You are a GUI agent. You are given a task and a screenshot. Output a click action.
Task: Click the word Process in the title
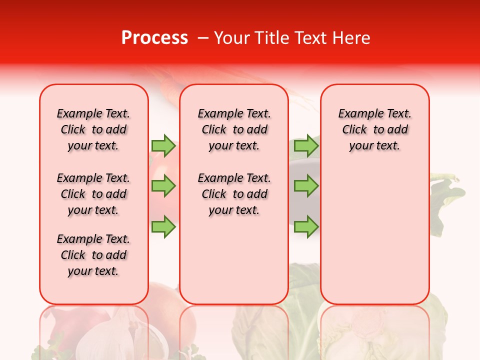[x=154, y=38]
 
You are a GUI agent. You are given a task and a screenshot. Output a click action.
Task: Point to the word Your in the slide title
[x=232, y=38]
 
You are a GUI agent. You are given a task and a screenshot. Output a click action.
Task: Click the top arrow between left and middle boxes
[x=163, y=145]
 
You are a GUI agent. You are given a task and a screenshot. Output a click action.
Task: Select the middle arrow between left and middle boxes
[x=163, y=186]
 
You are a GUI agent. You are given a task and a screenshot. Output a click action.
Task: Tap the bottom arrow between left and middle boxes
[x=163, y=226]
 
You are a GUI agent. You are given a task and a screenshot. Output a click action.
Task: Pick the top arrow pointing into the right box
[x=306, y=145]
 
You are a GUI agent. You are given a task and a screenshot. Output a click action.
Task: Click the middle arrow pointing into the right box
[x=306, y=186]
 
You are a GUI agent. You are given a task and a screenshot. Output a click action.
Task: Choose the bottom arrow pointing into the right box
[x=306, y=226]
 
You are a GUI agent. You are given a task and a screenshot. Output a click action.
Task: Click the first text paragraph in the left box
[x=93, y=129]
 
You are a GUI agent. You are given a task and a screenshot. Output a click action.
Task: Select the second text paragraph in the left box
[x=93, y=194]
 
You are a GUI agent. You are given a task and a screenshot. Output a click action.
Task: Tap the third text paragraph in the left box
[x=93, y=255]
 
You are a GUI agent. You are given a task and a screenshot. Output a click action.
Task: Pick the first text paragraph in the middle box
[x=234, y=129]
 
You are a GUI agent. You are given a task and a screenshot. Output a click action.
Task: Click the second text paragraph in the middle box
[x=234, y=194]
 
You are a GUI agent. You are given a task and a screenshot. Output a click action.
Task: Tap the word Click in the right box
[x=354, y=130]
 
